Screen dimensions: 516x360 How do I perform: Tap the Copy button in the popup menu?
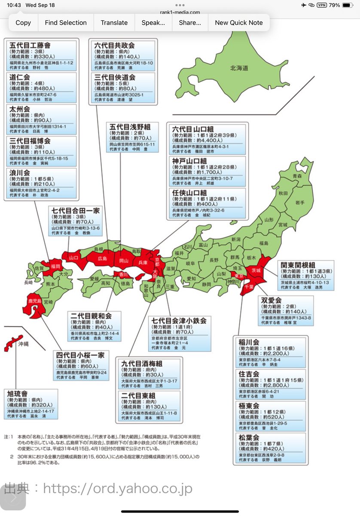(x=23, y=23)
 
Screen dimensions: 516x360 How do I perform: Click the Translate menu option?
(x=114, y=23)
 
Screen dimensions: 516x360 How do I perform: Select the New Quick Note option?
(x=238, y=23)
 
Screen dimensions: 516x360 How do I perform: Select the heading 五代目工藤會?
(x=30, y=46)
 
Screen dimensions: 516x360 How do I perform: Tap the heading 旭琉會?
(x=20, y=393)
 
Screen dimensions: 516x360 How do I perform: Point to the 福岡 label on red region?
(x=55, y=267)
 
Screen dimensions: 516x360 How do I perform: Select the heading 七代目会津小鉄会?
(x=179, y=320)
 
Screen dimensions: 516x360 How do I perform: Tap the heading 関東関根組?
(x=299, y=265)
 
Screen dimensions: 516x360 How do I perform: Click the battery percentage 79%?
(x=335, y=5)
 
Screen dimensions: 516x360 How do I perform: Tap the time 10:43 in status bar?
(x=14, y=5)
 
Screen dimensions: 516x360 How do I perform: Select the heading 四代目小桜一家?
(x=80, y=355)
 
